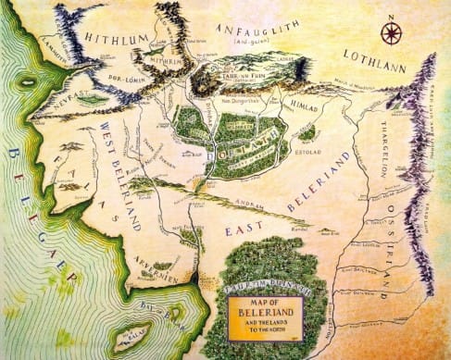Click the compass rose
point(392,35)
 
